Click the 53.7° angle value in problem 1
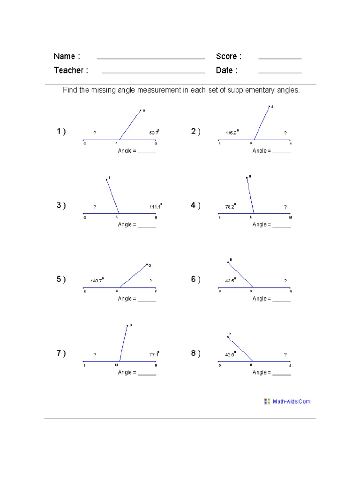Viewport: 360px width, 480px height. click(154, 133)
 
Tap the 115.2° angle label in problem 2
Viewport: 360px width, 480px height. click(232, 133)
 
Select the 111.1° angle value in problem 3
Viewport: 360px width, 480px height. click(156, 206)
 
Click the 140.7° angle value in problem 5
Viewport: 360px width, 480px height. click(97, 280)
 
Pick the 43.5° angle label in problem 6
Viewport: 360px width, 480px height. click(231, 280)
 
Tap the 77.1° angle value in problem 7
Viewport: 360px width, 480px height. click(154, 355)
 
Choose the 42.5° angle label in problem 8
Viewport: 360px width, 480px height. click(231, 355)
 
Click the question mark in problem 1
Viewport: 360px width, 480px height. click(95, 133)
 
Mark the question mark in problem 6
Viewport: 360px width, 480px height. click(285, 281)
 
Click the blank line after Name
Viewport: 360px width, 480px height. click(151, 58)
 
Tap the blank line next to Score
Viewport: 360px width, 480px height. click(280, 58)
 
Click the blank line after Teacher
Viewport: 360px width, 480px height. click(153, 73)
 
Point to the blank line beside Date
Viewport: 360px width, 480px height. click(280, 73)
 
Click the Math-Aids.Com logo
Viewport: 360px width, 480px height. click(287, 401)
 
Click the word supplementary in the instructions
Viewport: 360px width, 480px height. click(251, 90)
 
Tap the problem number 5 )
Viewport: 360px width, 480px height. click(61, 279)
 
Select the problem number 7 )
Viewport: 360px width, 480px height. click(61, 353)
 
